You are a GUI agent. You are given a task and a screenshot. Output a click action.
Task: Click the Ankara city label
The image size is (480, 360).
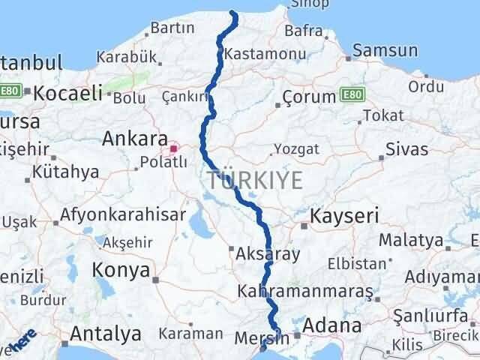pos(135,139)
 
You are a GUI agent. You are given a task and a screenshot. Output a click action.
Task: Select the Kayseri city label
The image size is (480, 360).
pos(338,218)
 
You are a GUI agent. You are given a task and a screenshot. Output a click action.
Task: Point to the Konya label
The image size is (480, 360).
pos(120,270)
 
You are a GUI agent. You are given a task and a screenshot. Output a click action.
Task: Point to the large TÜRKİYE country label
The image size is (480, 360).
pos(255,180)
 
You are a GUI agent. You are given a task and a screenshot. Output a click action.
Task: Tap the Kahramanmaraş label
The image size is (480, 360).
pos(304,289)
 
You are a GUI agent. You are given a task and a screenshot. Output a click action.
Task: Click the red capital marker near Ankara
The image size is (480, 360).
pos(173,148)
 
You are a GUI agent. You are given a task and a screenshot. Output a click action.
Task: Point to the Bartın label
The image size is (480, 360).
pos(172,28)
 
